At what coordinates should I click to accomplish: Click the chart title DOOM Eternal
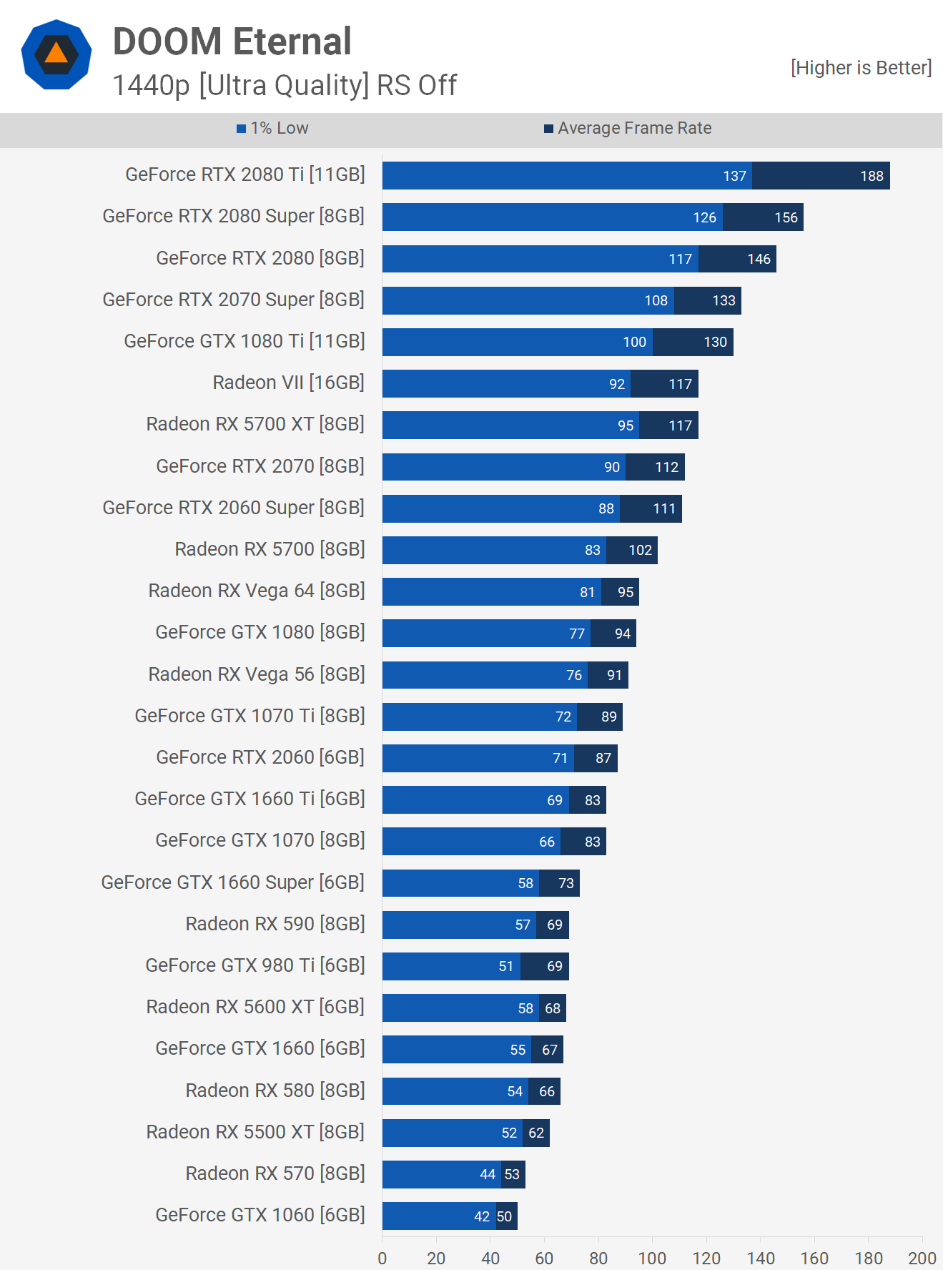(x=232, y=41)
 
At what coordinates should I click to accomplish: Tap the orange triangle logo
(x=56, y=54)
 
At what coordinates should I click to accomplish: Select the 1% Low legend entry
(x=272, y=128)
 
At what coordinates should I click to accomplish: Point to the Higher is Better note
(x=861, y=68)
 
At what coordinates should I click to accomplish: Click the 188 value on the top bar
(x=872, y=176)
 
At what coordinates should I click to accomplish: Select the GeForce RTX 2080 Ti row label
(x=245, y=174)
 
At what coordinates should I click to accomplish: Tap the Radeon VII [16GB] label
(x=288, y=383)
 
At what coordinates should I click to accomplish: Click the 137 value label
(x=734, y=176)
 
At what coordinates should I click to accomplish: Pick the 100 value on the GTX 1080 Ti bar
(x=634, y=342)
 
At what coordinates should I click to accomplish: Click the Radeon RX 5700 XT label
(x=255, y=424)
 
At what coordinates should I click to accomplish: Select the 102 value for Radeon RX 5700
(x=640, y=550)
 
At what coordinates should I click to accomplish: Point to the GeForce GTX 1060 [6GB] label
(x=260, y=1215)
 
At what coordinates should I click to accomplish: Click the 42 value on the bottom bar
(x=482, y=1216)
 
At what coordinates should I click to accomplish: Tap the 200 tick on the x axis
(x=922, y=1258)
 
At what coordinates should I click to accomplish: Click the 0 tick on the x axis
(x=382, y=1258)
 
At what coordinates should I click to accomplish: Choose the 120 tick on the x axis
(x=706, y=1258)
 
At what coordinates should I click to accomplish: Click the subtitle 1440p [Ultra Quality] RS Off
(x=285, y=85)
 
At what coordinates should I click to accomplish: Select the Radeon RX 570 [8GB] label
(x=275, y=1173)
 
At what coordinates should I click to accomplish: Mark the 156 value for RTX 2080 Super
(x=786, y=217)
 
